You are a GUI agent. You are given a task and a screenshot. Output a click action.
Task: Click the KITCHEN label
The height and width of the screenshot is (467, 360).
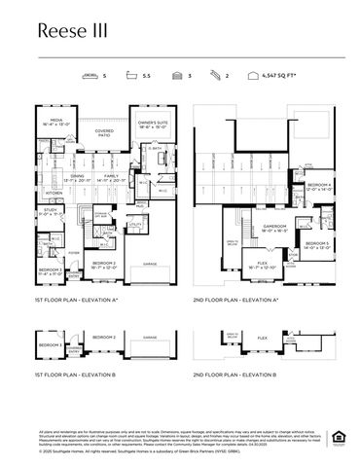[54, 193]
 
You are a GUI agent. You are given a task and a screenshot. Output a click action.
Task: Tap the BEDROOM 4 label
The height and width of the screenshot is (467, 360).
[319, 185]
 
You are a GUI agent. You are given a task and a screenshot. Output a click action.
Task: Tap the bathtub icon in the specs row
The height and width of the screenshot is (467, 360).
[134, 74]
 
